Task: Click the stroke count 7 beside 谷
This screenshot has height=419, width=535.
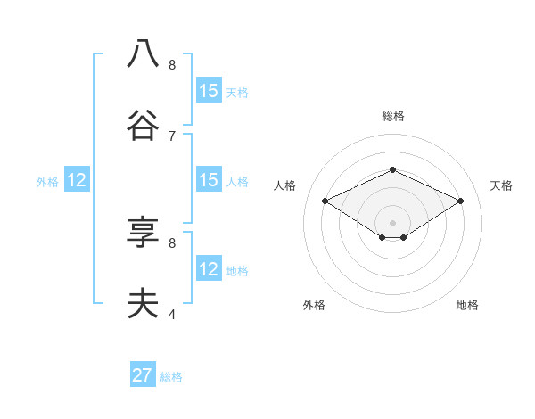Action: click(x=171, y=136)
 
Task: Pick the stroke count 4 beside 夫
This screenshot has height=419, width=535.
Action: click(x=171, y=314)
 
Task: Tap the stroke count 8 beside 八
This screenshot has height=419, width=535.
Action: click(x=171, y=64)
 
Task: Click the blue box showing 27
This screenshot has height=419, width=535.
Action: click(x=143, y=375)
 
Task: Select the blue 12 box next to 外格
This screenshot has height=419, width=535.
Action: click(x=77, y=180)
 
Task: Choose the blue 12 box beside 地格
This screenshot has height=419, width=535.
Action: click(x=209, y=269)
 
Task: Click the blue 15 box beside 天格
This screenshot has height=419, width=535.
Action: click(x=209, y=91)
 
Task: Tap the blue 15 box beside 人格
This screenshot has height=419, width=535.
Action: click(x=209, y=180)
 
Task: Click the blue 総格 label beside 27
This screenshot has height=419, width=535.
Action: click(x=171, y=377)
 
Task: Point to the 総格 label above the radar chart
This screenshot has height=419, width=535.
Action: click(x=392, y=116)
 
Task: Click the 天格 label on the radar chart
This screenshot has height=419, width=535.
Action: click(x=501, y=185)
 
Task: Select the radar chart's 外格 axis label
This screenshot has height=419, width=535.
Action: click(x=314, y=305)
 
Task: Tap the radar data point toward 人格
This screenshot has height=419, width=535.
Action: click(x=325, y=201)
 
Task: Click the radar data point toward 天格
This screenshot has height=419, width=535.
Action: click(x=460, y=201)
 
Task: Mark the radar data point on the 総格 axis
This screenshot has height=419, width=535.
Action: click(x=392, y=169)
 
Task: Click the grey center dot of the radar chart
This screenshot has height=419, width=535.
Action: click(x=392, y=222)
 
